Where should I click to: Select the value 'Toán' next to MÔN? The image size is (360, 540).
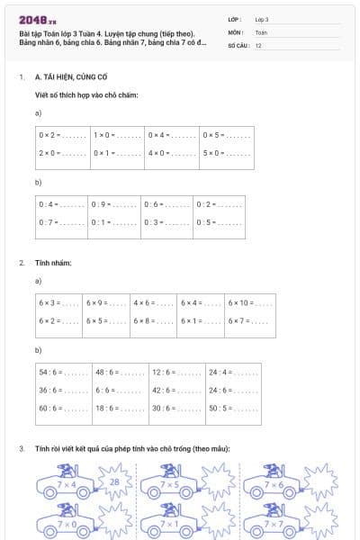[261, 31]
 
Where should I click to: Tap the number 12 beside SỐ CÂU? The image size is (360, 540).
[258, 45]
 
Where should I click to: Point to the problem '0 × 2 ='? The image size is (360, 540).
[61, 135]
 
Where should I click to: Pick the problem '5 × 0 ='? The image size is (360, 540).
[226, 153]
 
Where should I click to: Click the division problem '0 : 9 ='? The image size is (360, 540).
[114, 204]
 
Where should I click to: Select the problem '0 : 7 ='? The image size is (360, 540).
[61, 221]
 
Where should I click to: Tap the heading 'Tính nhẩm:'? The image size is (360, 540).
[52, 263]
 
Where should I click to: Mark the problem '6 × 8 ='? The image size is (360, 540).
[153, 320]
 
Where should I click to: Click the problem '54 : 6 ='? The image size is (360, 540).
[62, 371]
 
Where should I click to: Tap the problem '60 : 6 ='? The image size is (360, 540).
[62, 407]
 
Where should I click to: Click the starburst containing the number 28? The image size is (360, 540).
[113, 483]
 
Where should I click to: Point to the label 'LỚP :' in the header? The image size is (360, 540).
[235, 19]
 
